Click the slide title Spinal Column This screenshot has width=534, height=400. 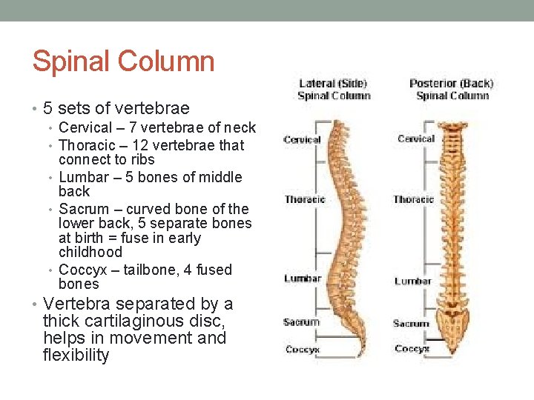123,61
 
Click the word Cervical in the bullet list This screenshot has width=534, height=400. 85,128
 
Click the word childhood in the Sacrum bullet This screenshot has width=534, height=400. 90,253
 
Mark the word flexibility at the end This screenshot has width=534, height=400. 76,356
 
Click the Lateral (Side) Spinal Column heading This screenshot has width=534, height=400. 333,90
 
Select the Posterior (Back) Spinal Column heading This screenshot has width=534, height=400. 451,90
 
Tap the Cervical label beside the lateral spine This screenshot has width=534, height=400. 302,139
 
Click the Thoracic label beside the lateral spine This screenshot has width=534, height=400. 305,199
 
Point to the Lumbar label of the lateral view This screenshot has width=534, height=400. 303,279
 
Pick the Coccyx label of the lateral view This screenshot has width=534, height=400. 303,349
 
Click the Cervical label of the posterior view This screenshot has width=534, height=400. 416,139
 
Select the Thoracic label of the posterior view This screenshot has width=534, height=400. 414,199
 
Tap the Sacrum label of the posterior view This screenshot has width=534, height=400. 411,324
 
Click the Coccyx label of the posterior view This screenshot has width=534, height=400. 412,348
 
